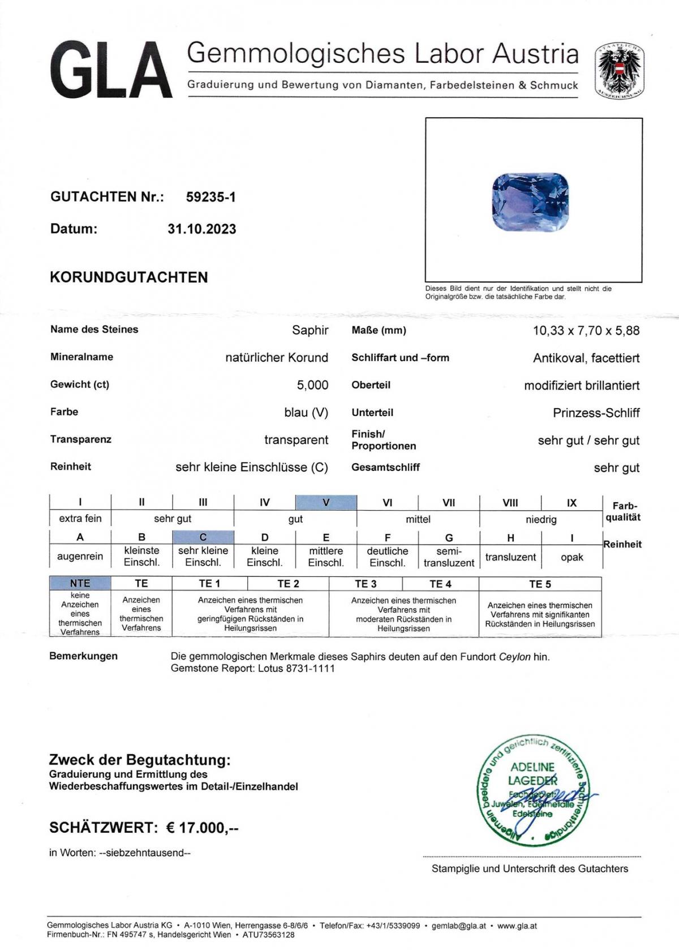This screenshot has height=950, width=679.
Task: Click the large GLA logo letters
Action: click(111, 71)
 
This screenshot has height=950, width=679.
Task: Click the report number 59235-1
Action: click(210, 197)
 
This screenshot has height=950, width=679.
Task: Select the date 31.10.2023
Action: click(201, 229)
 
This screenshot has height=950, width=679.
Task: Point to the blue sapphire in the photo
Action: click(530, 202)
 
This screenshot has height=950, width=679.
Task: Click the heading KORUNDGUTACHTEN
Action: click(129, 277)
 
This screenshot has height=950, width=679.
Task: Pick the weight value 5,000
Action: click(312, 385)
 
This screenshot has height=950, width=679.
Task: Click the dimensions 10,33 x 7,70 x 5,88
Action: click(586, 331)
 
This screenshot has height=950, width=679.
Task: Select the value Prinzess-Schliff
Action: click(596, 413)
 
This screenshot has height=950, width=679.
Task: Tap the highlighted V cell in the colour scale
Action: click(326, 502)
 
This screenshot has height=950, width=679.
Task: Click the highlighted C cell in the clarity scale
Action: click(203, 537)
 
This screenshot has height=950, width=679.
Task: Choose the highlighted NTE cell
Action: click(80, 583)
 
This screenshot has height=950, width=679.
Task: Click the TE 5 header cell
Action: click(540, 584)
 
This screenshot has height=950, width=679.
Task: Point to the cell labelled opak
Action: click(571, 557)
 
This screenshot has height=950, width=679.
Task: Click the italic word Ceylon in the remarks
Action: click(514, 657)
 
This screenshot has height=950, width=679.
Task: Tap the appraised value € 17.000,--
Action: click(202, 828)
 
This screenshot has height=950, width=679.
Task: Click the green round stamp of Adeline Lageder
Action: click(532, 790)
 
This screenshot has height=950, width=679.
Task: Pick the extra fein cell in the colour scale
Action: click(80, 519)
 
